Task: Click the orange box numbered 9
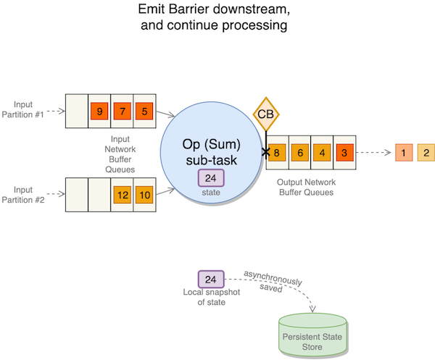pos(99,112)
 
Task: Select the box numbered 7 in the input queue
pos(122,112)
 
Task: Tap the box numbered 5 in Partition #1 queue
pos(144,112)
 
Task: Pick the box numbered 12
pos(122,195)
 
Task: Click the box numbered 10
pos(144,195)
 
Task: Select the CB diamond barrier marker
pos(266,114)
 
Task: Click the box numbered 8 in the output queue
pos(277,153)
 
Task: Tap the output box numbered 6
pos(299,153)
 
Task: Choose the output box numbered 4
pos(323,153)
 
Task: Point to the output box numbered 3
pos(345,153)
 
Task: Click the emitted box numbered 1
pos(403,153)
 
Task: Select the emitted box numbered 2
pos(426,153)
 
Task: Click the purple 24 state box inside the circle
pos(211,177)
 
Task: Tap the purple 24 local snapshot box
pos(211,279)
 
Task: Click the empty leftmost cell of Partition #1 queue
pos(77,112)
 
